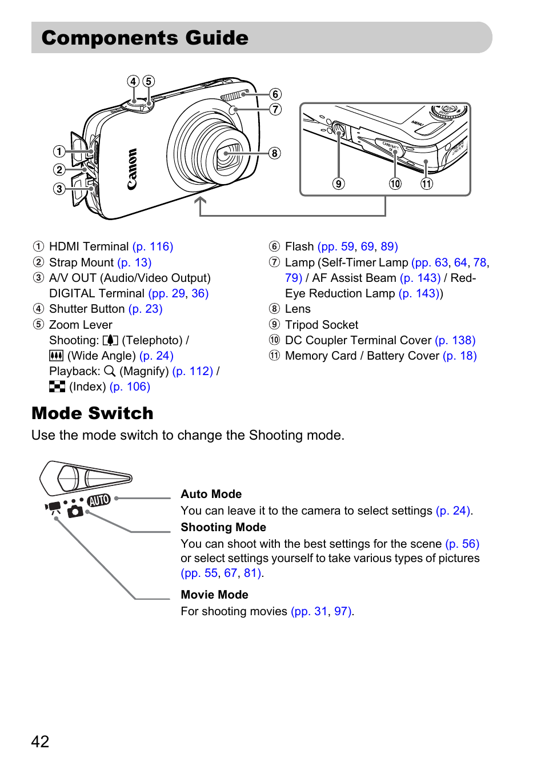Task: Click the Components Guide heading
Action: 145,38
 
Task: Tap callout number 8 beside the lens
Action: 275,153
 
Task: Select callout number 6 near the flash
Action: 275,94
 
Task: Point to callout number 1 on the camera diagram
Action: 59,152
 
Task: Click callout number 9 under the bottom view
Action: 339,184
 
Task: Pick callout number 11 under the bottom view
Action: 427,184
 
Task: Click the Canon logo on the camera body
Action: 132,169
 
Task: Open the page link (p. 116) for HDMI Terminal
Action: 153,246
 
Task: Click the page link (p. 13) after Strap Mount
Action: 134,262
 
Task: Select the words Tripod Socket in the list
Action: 322,325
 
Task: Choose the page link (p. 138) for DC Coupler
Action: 455,340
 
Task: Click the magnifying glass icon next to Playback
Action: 110,371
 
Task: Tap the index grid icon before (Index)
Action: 57,387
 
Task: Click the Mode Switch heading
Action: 93,413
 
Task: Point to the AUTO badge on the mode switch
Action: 99,500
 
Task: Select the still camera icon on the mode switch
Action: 75,511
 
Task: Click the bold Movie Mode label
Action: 214,595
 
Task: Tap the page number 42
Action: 40,742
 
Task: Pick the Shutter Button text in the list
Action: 87,309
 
